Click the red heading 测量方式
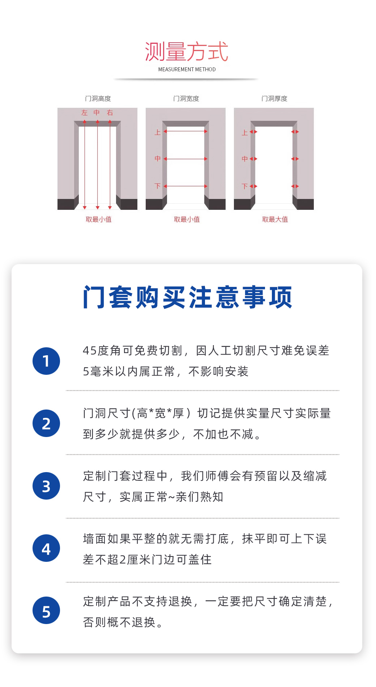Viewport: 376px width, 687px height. coord(187,51)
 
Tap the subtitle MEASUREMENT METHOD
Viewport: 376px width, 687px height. coord(187,69)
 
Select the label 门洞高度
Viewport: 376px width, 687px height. coord(98,99)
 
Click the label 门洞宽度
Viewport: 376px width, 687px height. coord(186,99)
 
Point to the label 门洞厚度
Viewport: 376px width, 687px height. coord(274,99)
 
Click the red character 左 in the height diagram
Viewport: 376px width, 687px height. coord(85,113)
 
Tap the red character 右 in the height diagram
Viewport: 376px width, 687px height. coord(110,113)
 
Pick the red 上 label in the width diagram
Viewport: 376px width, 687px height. coord(158,132)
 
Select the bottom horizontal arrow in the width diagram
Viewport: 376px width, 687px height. coord(185,186)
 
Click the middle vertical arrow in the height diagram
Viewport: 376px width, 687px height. coord(98,165)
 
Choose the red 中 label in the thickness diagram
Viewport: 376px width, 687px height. coord(245,159)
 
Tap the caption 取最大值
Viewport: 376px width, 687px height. coord(275,219)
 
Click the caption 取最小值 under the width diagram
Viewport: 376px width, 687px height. coord(187,219)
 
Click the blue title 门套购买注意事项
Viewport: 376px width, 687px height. coord(187,297)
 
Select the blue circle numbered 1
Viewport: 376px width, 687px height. coord(46,361)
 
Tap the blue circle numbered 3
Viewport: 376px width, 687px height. coord(46,486)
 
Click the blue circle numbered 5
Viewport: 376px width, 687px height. coord(46,610)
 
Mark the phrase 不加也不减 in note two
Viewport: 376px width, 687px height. coord(223,434)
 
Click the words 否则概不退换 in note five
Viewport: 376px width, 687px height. coord(119,622)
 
